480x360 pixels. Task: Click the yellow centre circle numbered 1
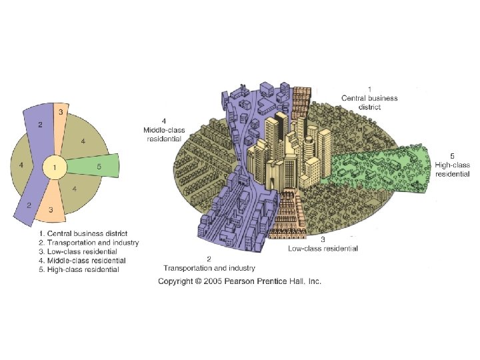55,167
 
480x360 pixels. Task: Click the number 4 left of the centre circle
22,165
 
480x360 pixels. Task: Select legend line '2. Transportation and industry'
88,243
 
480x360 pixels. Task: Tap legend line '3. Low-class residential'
78,252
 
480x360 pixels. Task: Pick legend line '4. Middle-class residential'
82,261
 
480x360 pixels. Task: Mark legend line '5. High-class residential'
79,270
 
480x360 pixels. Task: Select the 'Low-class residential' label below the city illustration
323,248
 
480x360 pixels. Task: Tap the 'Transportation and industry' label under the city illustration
209,267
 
